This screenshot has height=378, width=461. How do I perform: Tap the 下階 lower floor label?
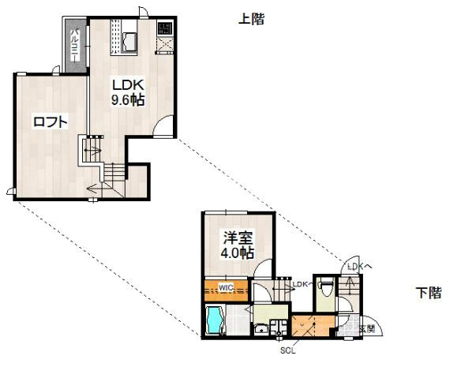pyautogui.click(x=429, y=294)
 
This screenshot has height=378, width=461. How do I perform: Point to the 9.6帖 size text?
pyautogui.click(x=126, y=99)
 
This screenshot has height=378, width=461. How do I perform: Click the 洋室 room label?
pyautogui.click(x=238, y=238)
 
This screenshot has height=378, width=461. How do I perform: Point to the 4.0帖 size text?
pyautogui.click(x=238, y=253)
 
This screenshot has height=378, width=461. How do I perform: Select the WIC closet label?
pyautogui.click(x=225, y=286)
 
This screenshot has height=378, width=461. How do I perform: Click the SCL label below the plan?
pyautogui.click(x=287, y=351)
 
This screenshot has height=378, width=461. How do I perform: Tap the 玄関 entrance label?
pyautogui.click(x=366, y=327)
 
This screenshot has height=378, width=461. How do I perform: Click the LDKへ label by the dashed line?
pyautogui.click(x=359, y=268)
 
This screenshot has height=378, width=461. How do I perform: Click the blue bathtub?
pyautogui.click(x=214, y=321)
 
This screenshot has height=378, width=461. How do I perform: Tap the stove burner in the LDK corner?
pyautogui.click(x=165, y=29)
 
